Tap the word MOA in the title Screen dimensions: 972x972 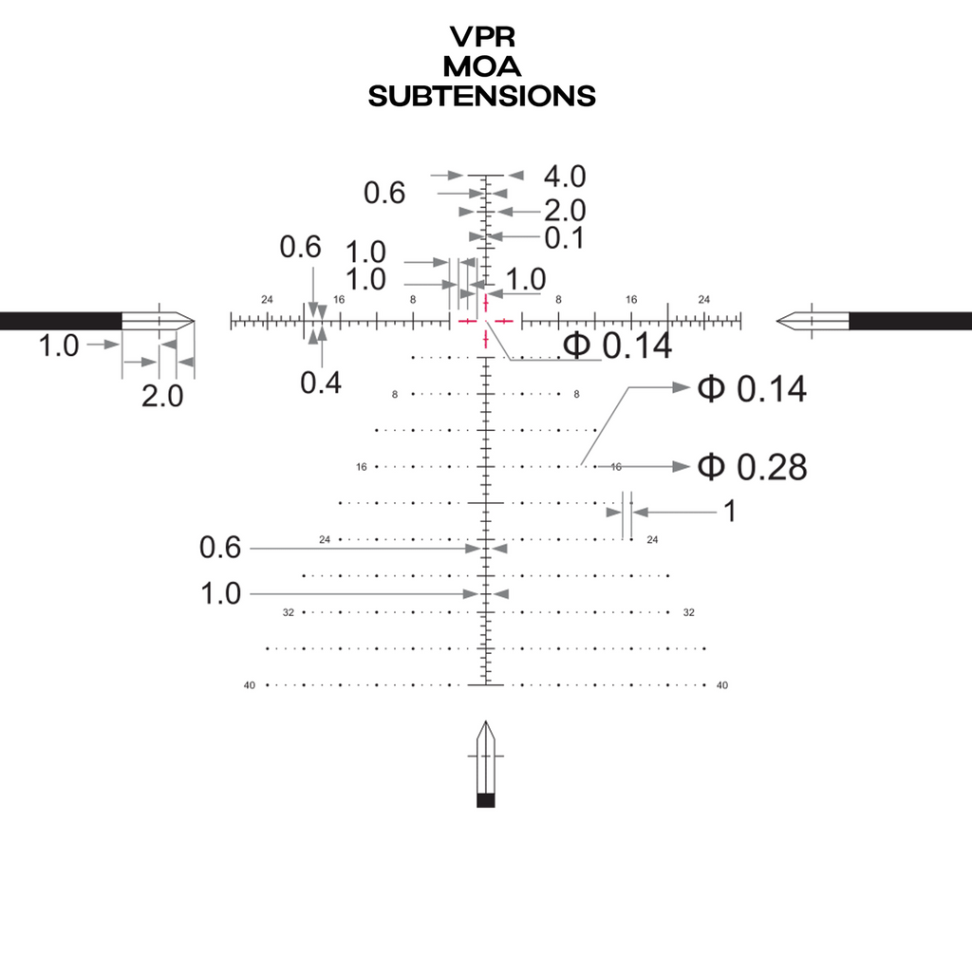[x=482, y=65]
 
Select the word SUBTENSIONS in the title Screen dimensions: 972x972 [x=482, y=96]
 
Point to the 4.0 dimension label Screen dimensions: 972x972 [x=565, y=177]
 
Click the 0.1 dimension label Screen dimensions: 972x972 [x=565, y=238]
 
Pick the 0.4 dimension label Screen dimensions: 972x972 [x=321, y=383]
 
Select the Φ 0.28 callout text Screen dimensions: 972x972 [x=752, y=467]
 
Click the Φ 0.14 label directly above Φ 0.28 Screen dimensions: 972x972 [x=752, y=389]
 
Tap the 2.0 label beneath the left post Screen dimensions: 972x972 [x=162, y=396]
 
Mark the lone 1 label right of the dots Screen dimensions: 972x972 [x=729, y=512]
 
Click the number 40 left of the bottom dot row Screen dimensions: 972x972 [x=251, y=685]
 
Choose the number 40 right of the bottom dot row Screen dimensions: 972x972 [x=722, y=685]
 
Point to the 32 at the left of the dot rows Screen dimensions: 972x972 [x=288, y=613]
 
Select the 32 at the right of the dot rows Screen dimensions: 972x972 [x=689, y=613]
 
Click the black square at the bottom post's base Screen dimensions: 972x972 [x=486, y=800]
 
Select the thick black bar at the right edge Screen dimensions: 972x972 [x=910, y=321]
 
